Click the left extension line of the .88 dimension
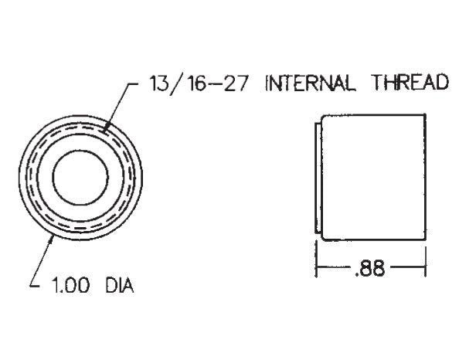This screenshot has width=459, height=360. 317,259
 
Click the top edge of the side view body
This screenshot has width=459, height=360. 371,115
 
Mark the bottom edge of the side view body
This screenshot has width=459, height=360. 371,239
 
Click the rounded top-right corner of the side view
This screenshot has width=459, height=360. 423,117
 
